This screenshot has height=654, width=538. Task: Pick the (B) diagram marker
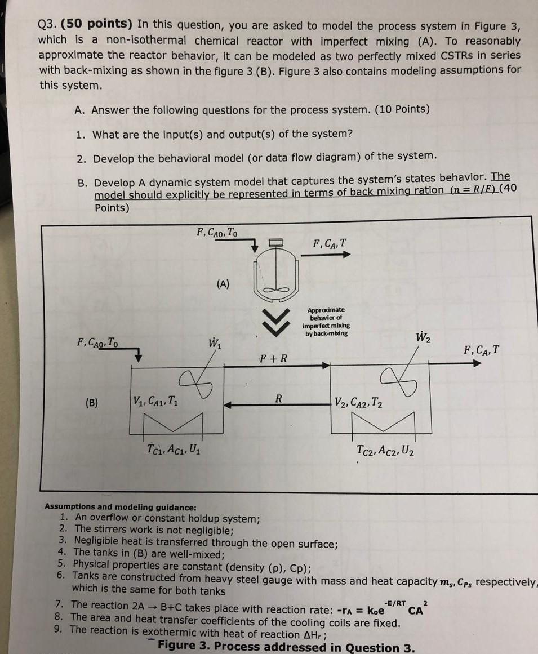[x=91, y=403]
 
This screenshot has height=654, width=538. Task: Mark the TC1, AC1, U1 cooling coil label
[x=175, y=451]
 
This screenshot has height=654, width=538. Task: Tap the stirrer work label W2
[x=423, y=339]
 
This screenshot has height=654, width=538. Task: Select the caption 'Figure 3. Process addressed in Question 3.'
[x=287, y=647]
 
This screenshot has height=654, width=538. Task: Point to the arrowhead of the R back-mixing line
[x=228, y=403]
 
